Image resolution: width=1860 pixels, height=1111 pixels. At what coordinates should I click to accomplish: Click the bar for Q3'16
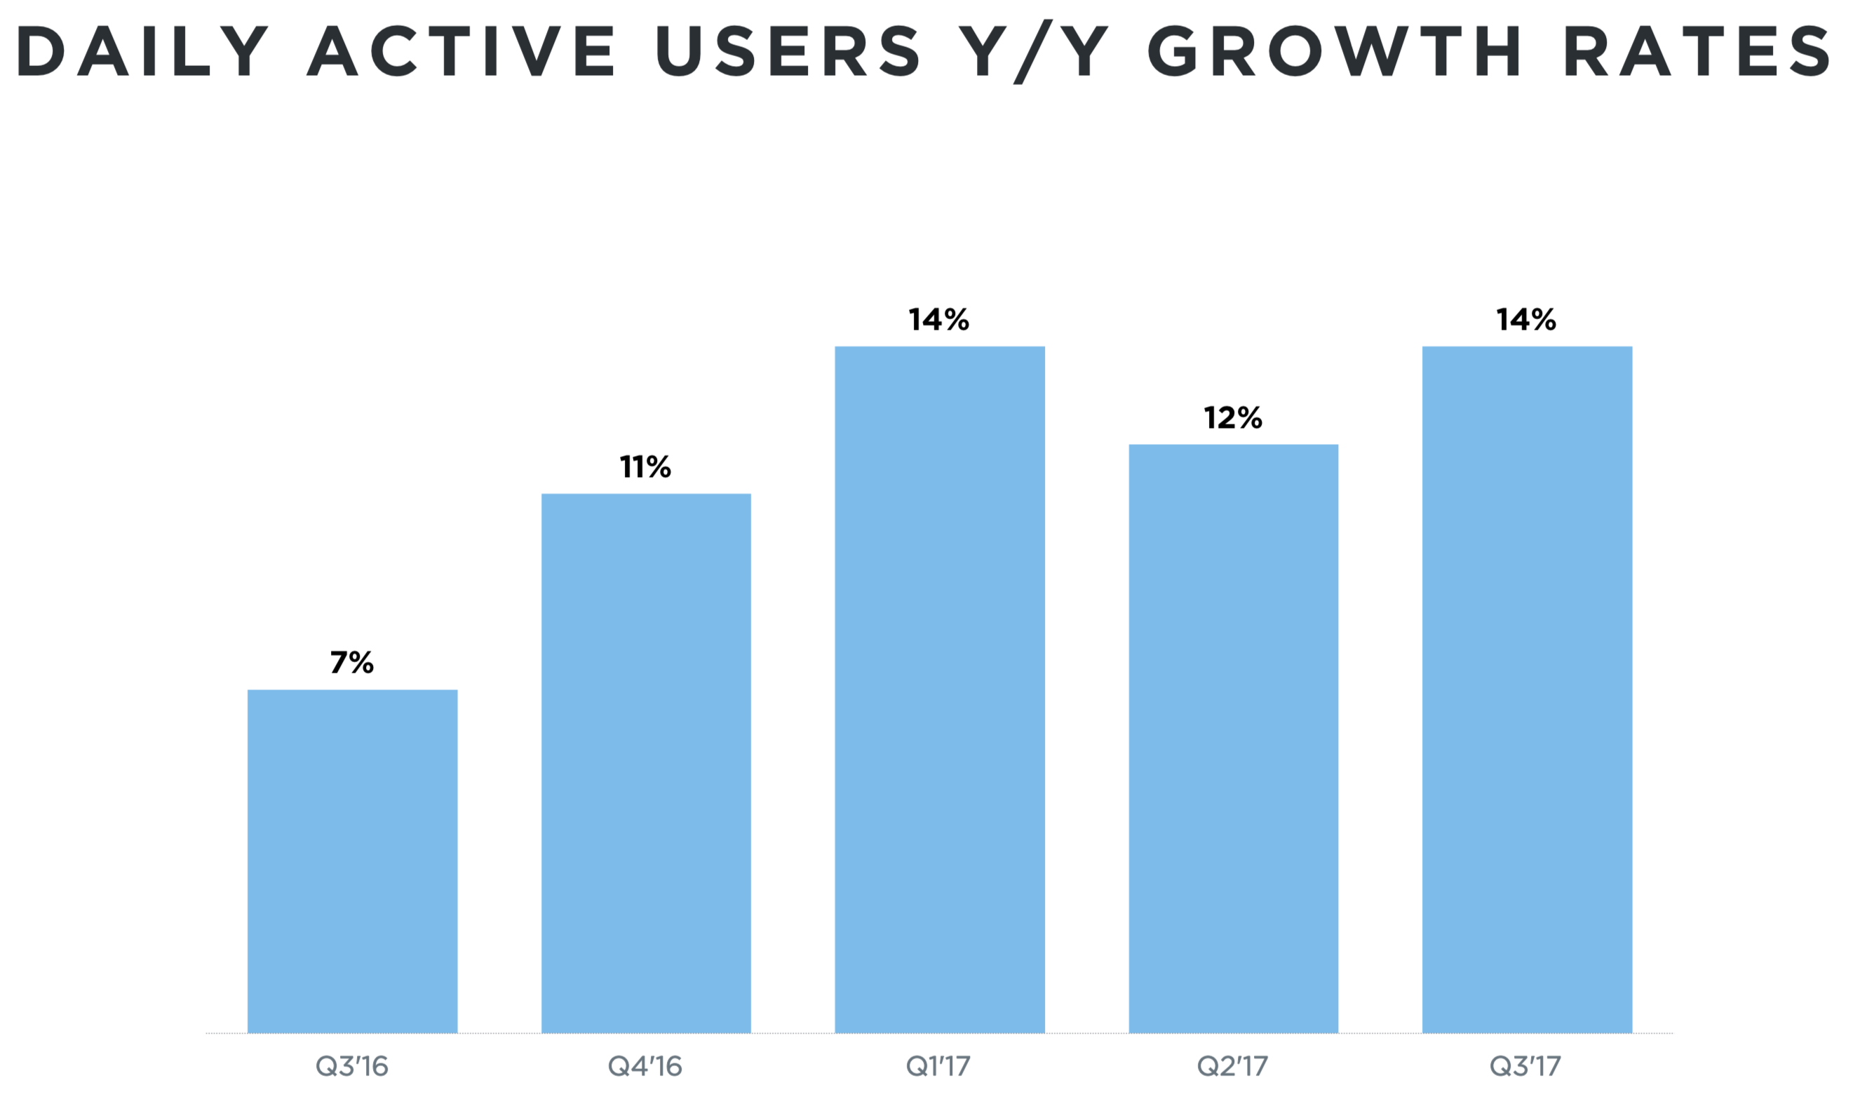tap(352, 861)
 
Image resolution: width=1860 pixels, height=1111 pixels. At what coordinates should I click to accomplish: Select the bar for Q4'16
tap(646, 763)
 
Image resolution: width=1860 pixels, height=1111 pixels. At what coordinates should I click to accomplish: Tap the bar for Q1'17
tap(939, 689)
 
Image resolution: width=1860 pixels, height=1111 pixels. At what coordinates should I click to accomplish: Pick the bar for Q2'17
tap(1233, 738)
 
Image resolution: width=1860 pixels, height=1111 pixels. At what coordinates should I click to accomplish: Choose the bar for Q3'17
tap(1527, 689)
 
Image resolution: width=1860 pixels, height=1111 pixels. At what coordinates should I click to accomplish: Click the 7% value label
tap(352, 663)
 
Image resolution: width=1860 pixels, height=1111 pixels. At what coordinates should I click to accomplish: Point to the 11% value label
tap(645, 467)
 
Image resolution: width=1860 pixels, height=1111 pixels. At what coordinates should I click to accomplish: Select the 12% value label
tap(1233, 418)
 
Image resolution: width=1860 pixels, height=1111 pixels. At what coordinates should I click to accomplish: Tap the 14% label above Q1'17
tap(938, 320)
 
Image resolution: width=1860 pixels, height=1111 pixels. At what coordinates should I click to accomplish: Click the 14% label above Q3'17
tap(1526, 320)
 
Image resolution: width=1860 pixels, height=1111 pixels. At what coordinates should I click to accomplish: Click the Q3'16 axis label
tap(352, 1066)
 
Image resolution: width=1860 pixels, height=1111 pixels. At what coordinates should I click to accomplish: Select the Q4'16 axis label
tap(645, 1066)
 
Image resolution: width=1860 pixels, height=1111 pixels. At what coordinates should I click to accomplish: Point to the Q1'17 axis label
tap(938, 1066)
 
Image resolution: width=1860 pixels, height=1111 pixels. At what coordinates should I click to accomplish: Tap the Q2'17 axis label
tap(1233, 1066)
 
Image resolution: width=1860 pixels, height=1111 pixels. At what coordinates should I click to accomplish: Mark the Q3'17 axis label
tap(1526, 1066)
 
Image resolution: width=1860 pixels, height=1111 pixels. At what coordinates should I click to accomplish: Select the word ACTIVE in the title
tap(461, 51)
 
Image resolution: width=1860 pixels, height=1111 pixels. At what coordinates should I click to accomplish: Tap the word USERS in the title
tap(788, 51)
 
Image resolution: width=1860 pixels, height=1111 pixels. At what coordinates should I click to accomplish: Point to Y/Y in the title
tap(1032, 53)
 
